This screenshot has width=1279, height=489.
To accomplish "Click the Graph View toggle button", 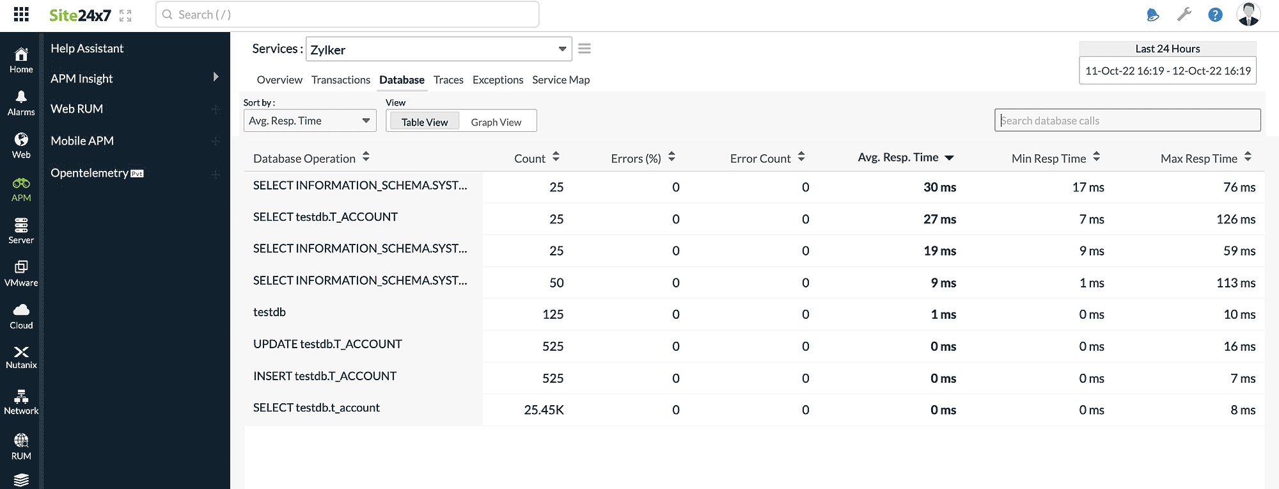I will (x=496, y=122).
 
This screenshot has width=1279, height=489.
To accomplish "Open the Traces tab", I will (x=448, y=80).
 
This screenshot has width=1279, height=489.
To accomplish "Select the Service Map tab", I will (x=561, y=80).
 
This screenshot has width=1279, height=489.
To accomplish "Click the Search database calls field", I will (x=1127, y=120).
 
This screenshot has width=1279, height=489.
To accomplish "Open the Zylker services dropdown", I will (x=439, y=49).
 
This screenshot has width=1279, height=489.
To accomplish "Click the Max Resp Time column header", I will (x=1199, y=158).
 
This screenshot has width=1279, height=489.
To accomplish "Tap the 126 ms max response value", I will (x=1236, y=219).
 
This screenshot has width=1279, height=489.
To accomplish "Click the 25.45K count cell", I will (x=544, y=410).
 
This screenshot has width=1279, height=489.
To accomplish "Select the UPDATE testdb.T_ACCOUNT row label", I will (x=327, y=344).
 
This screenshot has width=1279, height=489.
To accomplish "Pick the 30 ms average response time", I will (x=939, y=187).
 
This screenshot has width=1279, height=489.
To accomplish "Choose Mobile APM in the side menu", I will (x=82, y=141).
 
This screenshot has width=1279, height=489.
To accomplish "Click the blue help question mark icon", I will (x=1215, y=15).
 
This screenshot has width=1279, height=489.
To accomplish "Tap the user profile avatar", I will (x=1248, y=14).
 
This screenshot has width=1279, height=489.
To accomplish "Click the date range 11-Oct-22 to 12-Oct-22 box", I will (x=1167, y=71).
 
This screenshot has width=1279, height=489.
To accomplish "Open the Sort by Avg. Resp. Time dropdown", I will (x=310, y=120).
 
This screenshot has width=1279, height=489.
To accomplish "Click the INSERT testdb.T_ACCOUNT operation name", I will (x=325, y=376).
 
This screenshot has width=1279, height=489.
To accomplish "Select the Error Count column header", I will (x=760, y=158).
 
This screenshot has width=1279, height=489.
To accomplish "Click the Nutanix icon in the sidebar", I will (x=21, y=352).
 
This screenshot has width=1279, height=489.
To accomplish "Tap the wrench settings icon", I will (x=1184, y=14).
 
